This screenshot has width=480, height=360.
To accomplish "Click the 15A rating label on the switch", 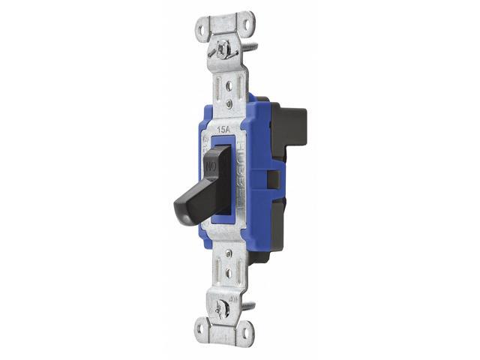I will coord(224,130).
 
